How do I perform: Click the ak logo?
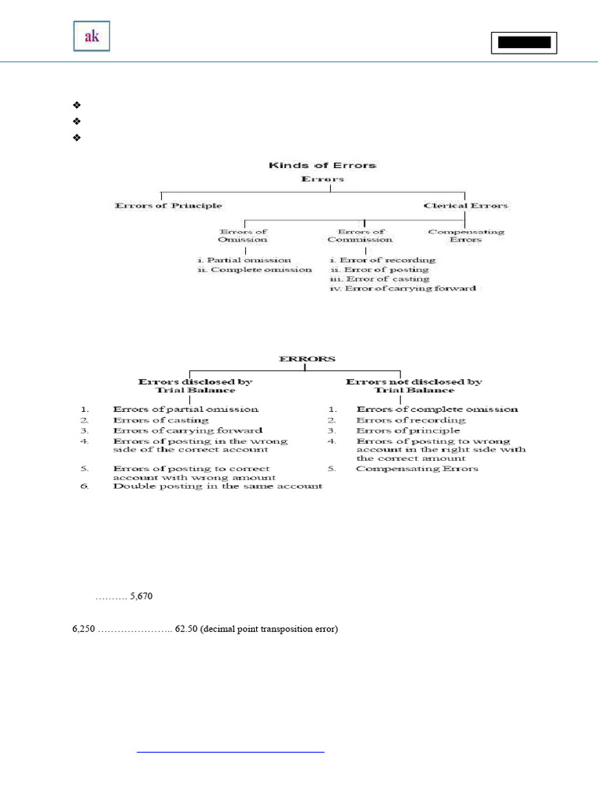pyautogui.click(x=91, y=37)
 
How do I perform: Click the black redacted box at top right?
pyautogui.click(x=524, y=43)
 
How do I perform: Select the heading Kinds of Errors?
pyautogui.click(x=322, y=165)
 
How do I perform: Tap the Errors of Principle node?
pyautogui.click(x=168, y=205)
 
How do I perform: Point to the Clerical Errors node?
pyautogui.click(x=466, y=205)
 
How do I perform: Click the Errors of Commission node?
pyautogui.click(x=361, y=235)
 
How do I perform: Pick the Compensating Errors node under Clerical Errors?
pyautogui.click(x=466, y=235)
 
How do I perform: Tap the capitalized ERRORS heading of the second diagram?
pyautogui.click(x=308, y=359)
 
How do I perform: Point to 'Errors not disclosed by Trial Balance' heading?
pyautogui.click(x=414, y=386)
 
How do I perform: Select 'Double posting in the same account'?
pyautogui.click(x=217, y=486)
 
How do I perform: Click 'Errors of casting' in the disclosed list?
pyautogui.click(x=160, y=420)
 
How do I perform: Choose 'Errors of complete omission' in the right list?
pyautogui.click(x=437, y=409)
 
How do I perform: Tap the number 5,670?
pyautogui.click(x=146, y=597)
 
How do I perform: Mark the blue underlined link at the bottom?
pyautogui.click(x=230, y=752)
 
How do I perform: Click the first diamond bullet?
pyautogui.click(x=76, y=104)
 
